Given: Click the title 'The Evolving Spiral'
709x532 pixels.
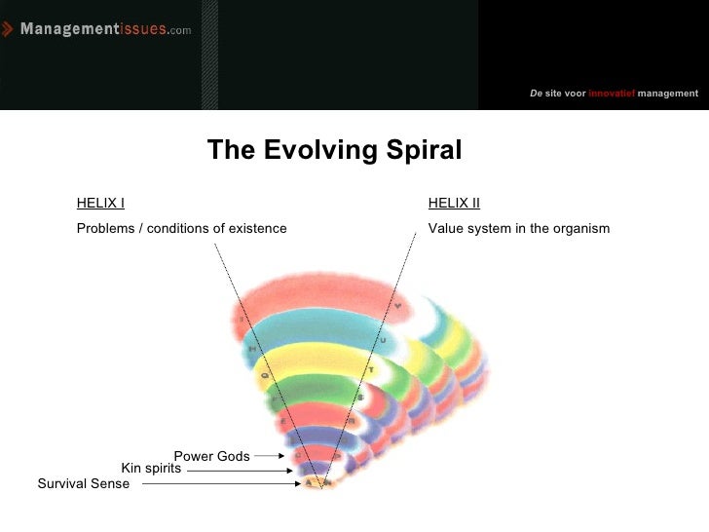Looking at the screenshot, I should tap(334, 150).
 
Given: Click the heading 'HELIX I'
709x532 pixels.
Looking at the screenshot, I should tap(100, 204).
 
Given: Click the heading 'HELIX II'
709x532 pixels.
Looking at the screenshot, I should tap(454, 204).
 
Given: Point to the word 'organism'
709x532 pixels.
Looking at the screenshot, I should tap(581, 229).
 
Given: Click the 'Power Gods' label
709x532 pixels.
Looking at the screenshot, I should tap(211, 456).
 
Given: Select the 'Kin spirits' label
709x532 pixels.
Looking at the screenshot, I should tap(151, 469).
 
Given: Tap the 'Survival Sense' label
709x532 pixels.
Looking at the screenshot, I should tap(83, 484).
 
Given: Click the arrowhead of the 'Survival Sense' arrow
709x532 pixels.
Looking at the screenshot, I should tap(299, 483).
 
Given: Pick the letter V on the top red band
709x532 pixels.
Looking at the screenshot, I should tap(397, 307).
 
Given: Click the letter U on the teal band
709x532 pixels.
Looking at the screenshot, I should tap(383, 340).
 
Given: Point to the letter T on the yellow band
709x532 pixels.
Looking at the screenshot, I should tap(371, 370).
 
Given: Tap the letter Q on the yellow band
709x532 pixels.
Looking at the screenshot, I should tap(262, 371).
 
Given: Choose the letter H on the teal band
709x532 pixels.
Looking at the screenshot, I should tap(251, 348).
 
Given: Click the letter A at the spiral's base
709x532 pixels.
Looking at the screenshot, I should tap(309, 482).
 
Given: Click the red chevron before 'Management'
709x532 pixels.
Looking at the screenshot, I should tap(9, 29).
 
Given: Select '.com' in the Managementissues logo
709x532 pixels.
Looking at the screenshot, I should tap(180, 31).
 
